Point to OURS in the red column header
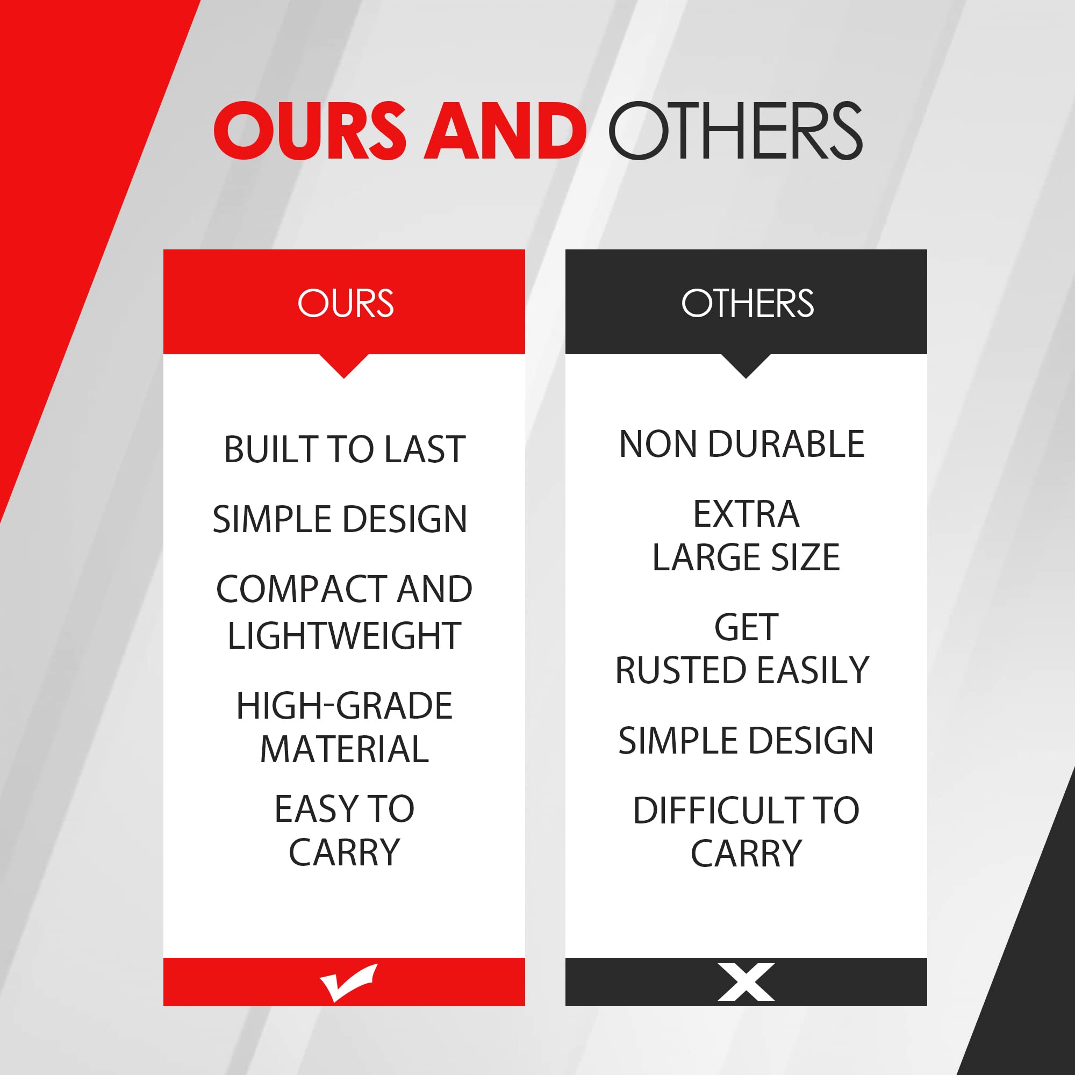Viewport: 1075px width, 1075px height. coord(346,303)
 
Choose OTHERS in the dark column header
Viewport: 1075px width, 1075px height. coord(747,303)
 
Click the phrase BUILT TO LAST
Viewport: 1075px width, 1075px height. coord(345,449)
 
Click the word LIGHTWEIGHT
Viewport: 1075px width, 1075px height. coord(344,635)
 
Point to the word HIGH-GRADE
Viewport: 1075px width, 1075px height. coord(345,706)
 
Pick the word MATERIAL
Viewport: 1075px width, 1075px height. coord(345,749)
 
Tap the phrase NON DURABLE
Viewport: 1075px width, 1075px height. coord(742,444)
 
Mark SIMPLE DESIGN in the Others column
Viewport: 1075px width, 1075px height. coord(746,741)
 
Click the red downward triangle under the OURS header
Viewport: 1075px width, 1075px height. coord(344,366)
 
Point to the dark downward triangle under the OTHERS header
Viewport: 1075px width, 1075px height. coord(746,366)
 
